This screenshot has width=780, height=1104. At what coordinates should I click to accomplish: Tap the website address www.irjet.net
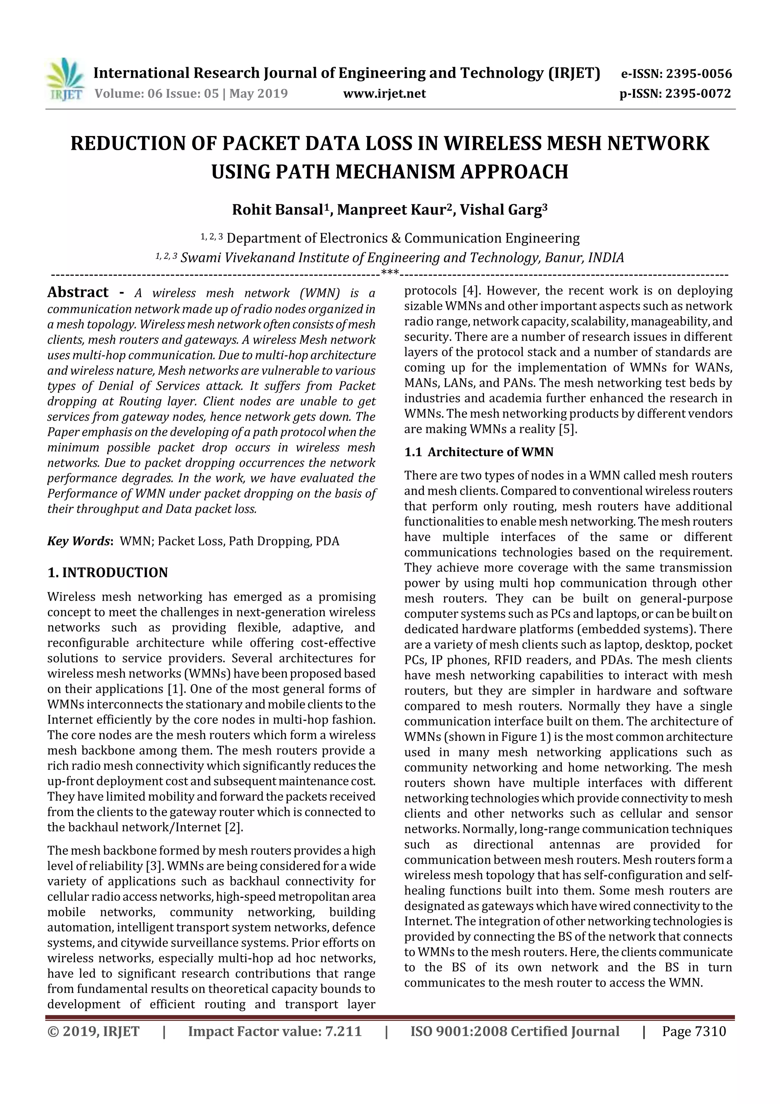point(384,93)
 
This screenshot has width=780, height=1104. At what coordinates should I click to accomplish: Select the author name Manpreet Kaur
point(392,210)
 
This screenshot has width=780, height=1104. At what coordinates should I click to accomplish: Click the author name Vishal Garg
point(501,210)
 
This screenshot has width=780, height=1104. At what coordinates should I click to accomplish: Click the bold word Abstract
point(78,292)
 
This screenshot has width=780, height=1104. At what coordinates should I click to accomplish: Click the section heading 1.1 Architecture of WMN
point(479,452)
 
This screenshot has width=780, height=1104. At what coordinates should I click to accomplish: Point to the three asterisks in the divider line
point(389,273)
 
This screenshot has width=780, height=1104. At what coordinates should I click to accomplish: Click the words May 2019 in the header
point(259,93)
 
